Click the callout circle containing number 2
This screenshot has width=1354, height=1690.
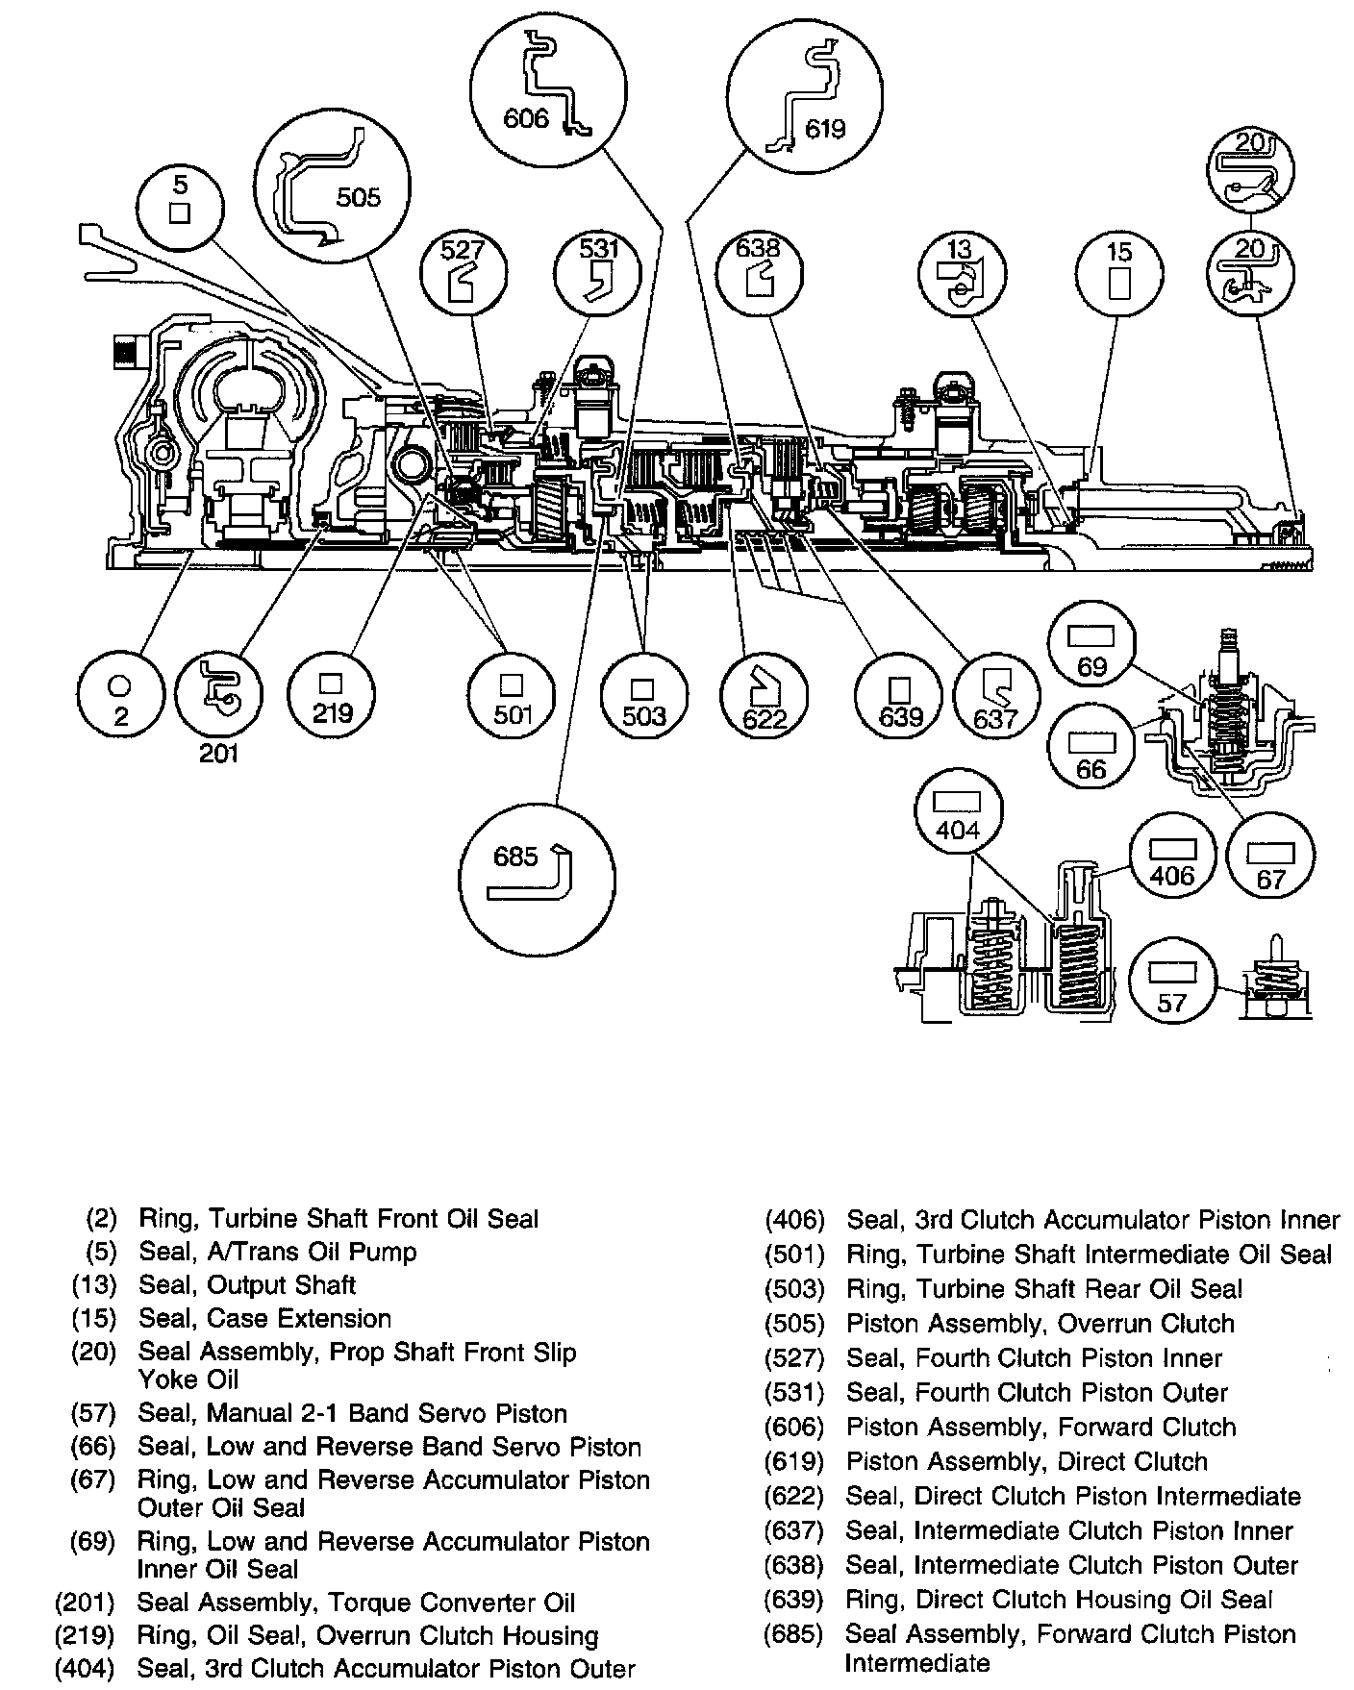click(120, 694)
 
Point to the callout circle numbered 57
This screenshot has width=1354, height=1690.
click(1172, 985)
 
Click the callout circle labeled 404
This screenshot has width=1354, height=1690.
click(958, 815)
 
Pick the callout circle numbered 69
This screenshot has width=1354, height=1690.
click(1092, 651)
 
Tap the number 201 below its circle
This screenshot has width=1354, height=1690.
click(219, 754)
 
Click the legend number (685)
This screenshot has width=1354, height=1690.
click(794, 1633)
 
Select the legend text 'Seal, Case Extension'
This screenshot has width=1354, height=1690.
click(264, 1318)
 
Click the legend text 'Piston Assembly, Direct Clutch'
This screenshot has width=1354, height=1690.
click(1026, 1461)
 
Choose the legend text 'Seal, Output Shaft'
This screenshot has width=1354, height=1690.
click(247, 1285)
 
